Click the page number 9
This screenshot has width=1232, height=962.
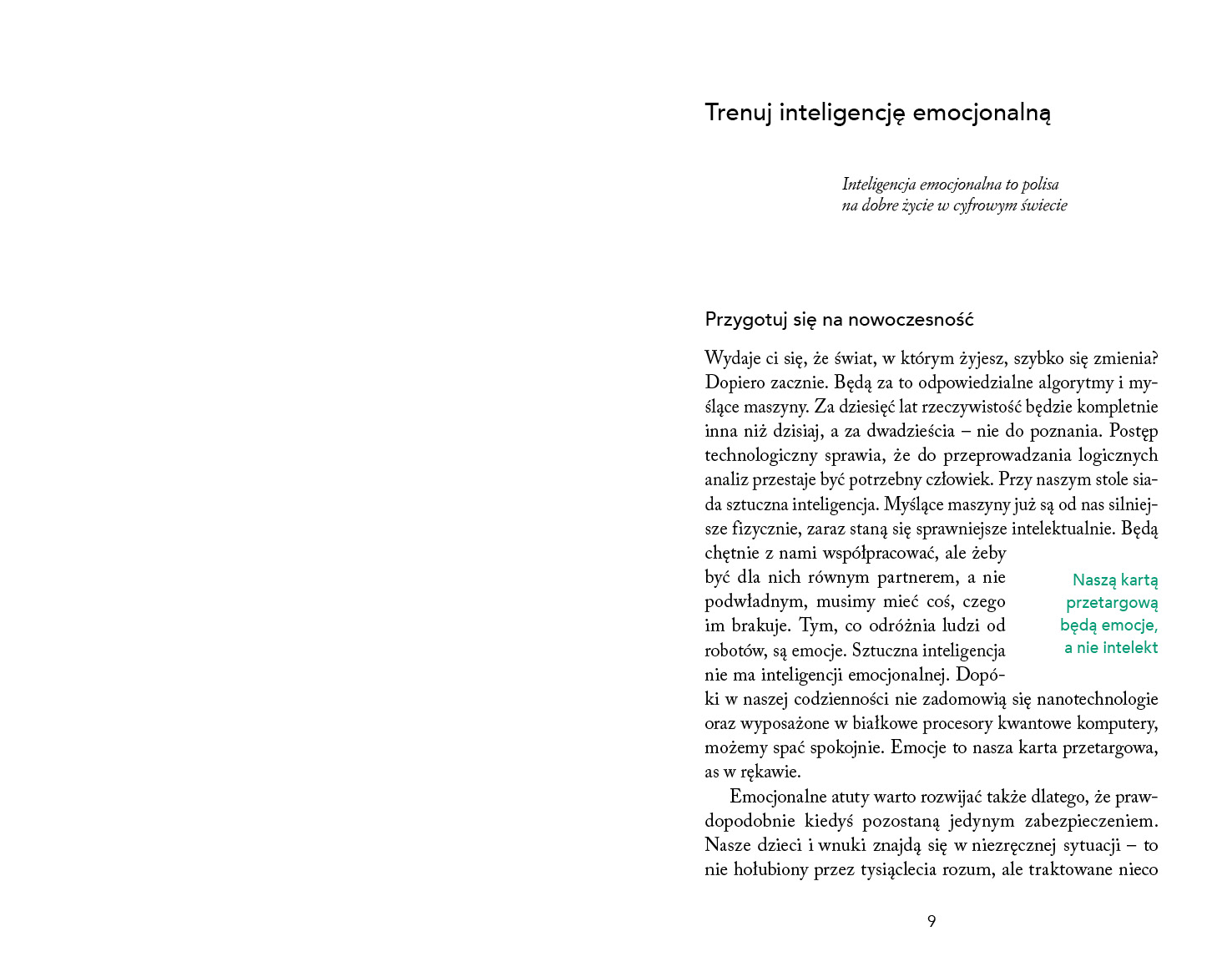(932, 921)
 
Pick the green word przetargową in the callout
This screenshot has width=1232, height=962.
(1112, 602)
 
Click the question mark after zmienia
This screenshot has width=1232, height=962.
(1154, 359)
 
